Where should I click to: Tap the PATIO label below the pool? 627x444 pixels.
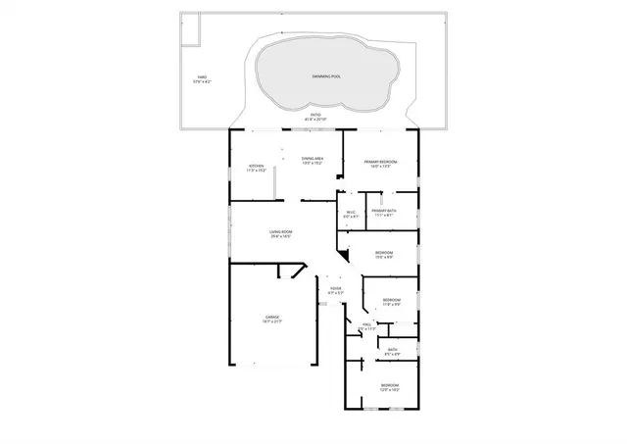tap(316, 116)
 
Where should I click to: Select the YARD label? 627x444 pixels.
tap(202, 76)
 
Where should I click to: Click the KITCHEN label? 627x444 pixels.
tap(256, 166)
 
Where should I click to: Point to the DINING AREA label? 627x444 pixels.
tap(313, 158)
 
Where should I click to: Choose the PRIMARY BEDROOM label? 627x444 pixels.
tap(380, 162)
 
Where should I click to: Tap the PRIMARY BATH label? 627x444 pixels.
tap(383, 211)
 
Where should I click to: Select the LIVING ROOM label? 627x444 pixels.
tap(281, 231)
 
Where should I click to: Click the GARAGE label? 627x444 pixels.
tap(271, 317)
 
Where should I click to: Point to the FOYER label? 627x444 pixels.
tap(335, 288)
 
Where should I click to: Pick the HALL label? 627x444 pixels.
tap(366, 324)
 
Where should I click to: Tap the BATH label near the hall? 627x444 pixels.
tap(392, 349)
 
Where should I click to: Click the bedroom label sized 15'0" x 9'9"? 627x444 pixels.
tap(384, 253)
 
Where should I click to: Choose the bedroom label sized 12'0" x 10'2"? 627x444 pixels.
tap(389, 385)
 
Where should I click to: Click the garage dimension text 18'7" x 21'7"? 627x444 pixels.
tap(271, 321)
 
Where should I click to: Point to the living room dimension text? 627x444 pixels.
tap(281, 236)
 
